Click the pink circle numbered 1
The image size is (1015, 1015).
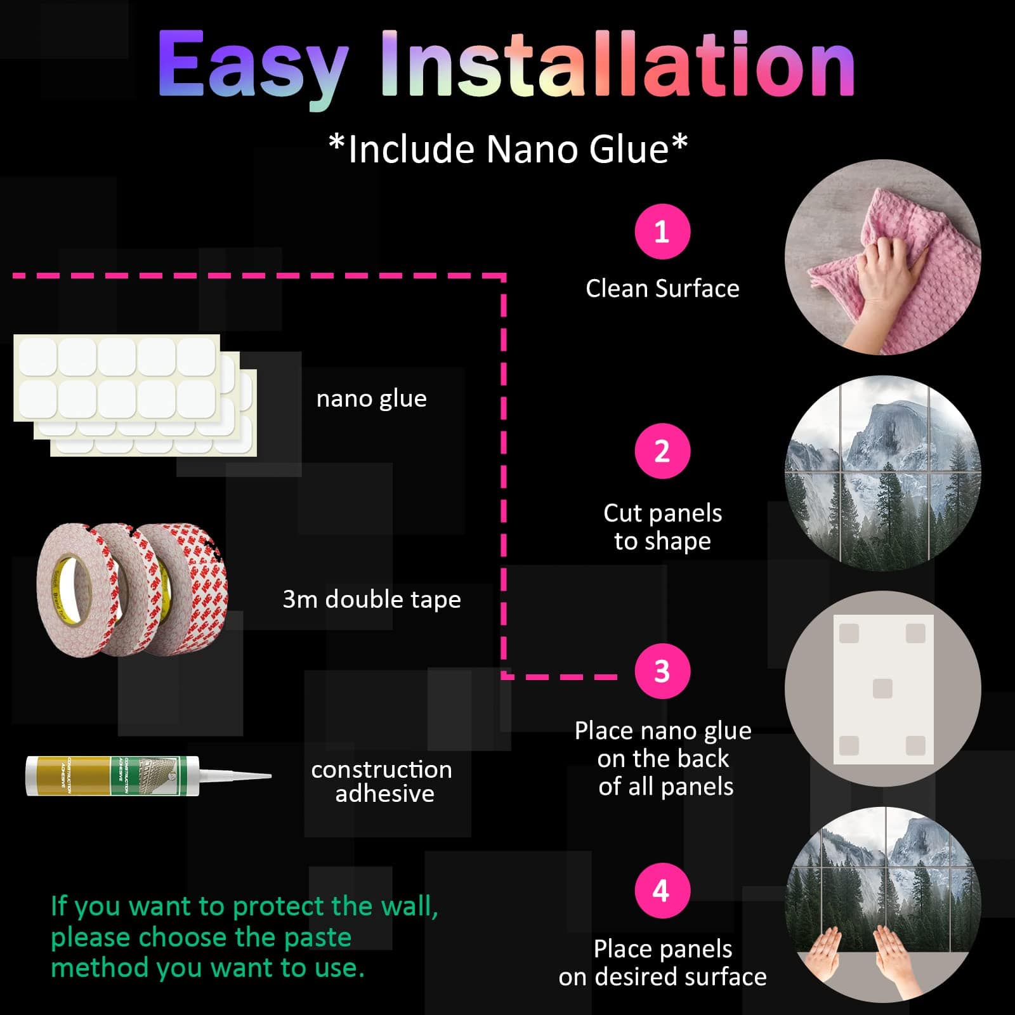[x=662, y=232]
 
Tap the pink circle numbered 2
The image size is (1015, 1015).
[x=662, y=451]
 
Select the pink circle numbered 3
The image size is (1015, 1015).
[x=662, y=671]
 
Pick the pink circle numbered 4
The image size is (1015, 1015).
[x=662, y=891]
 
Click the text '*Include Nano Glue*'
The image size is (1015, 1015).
[x=508, y=149]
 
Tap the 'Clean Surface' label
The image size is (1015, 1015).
[x=662, y=289]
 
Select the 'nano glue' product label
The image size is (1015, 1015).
[x=372, y=399]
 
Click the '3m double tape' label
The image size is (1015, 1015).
[x=372, y=599]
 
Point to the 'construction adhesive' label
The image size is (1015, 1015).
[x=382, y=782]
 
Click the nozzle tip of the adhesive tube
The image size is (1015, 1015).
[x=270, y=776]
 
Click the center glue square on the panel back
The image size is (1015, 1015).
[x=882, y=689]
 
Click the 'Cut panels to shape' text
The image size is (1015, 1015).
[x=662, y=527]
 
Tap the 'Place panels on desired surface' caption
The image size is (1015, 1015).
[x=662, y=963]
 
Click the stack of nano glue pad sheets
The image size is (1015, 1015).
[x=135, y=395]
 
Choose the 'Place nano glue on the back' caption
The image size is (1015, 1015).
[x=663, y=745]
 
